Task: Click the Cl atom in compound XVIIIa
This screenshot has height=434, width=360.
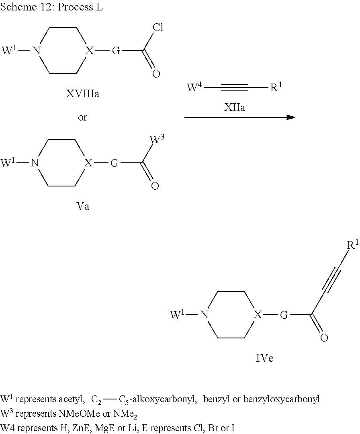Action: (x=158, y=27)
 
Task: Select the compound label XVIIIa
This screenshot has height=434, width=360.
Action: (x=82, y=94)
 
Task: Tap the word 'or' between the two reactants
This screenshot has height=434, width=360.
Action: (x=82, y=118)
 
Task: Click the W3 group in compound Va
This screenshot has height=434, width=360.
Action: (x=157, y=139)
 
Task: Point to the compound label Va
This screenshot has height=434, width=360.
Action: (x=82, y=207)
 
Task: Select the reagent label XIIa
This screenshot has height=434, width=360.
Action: (x=234, y=107)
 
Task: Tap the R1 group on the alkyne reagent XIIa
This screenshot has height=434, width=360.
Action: (x=276, y=87)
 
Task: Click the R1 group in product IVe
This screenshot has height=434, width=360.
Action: (x=353, y=244)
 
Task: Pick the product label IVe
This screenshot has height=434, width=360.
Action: (x=265, y=358)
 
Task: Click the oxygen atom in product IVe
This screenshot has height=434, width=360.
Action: (x=324, y=338)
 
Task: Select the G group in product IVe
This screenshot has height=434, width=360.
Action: (x=284, y=315)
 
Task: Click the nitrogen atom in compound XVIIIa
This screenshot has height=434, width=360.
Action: (x=37, y=51)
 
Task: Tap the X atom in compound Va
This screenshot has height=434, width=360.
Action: (x=88, y=163)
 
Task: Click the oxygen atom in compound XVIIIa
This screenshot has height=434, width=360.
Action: (x=156, y=74)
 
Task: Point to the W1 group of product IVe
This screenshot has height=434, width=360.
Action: (x=177, y=314)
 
